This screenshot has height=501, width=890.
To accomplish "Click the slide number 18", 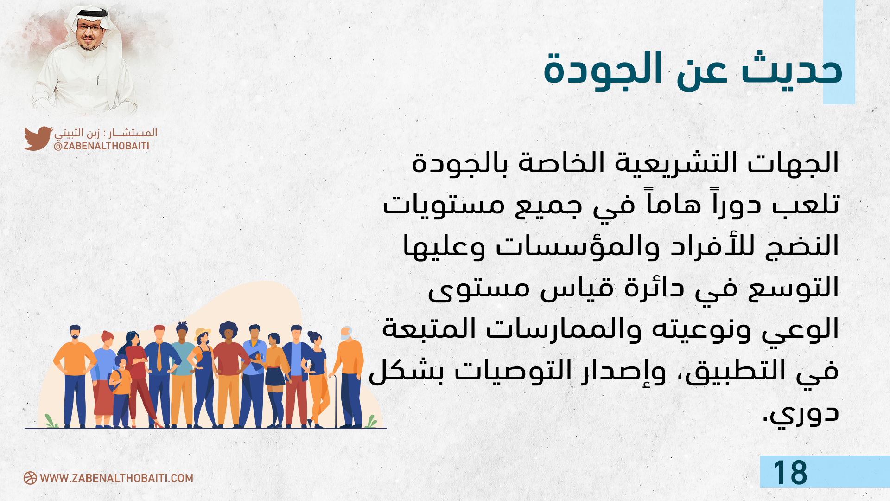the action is click(x=790, y=473).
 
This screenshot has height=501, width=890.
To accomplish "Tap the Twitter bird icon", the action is click(x=38, y=138).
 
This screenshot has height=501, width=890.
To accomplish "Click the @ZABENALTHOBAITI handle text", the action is click(x=102, y=146).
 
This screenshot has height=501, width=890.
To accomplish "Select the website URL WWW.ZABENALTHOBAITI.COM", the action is click(x=117, y=478).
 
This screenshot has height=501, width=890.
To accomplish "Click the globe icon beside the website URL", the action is click(x=30, y=478).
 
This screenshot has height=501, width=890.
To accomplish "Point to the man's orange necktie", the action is click(x=159, y=357).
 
